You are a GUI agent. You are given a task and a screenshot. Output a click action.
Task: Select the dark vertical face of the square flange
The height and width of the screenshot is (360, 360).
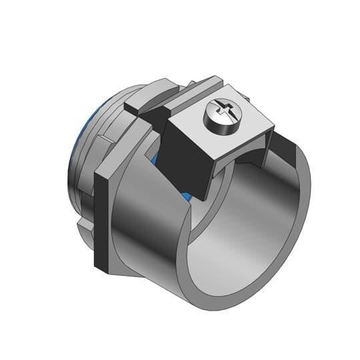pos(101,220)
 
